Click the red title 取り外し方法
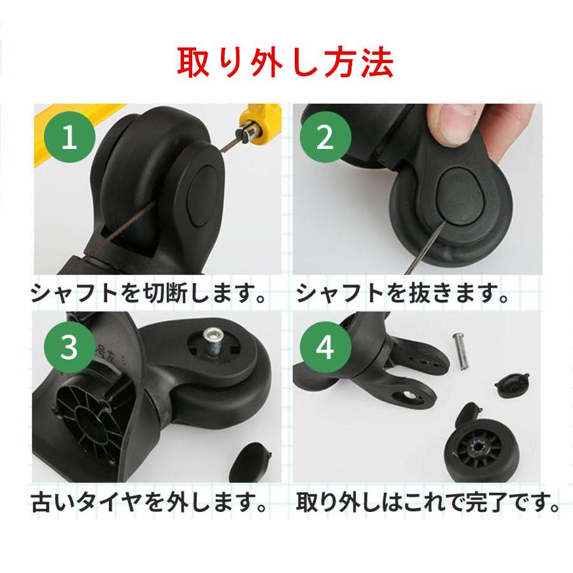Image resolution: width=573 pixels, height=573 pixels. tap(285, 62)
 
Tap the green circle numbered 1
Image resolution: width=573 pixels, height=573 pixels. tap(69, 137)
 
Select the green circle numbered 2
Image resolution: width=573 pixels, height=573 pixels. tap(325, 137)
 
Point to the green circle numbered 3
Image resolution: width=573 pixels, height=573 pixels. tap(69, 347)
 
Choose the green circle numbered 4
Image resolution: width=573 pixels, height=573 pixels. tap(325, 347)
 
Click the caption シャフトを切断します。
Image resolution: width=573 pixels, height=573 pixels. tap(148, 294)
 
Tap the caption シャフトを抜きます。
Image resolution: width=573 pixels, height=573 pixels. tap(403, 294)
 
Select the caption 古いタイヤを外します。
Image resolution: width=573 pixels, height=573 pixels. tap(149, 502)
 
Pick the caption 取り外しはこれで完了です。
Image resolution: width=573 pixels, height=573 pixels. tap(428, 502)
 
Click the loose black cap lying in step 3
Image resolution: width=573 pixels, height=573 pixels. tap(250, 463)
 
